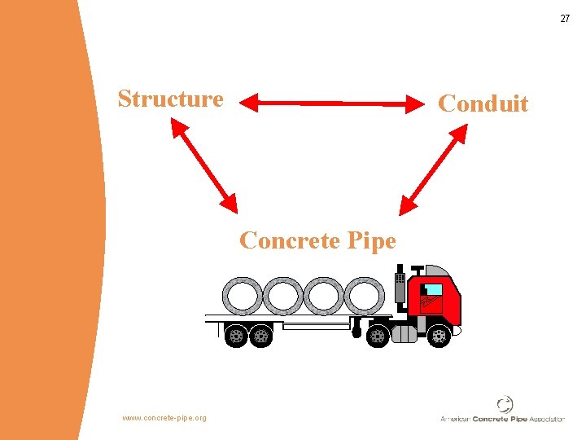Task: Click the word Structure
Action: [x=170, y=99]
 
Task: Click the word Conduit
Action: [x=483, y=103]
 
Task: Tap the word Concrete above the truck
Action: [x=286, y=240]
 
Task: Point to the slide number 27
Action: [x=564, y=18]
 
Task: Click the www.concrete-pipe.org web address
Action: [x=164, y=418]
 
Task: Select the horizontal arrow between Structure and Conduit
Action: [x=330, y=103]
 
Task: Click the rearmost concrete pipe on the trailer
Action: [x=243, y=296]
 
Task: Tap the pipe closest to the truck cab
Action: [x=364, y=296]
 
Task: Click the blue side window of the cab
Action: [x=433, y=289]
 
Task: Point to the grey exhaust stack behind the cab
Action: [x=400, y=288]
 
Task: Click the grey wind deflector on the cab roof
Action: [x=444, y=272]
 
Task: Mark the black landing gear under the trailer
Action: [x=356, y=329]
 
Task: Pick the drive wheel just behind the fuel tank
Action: [x=378, y=335]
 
